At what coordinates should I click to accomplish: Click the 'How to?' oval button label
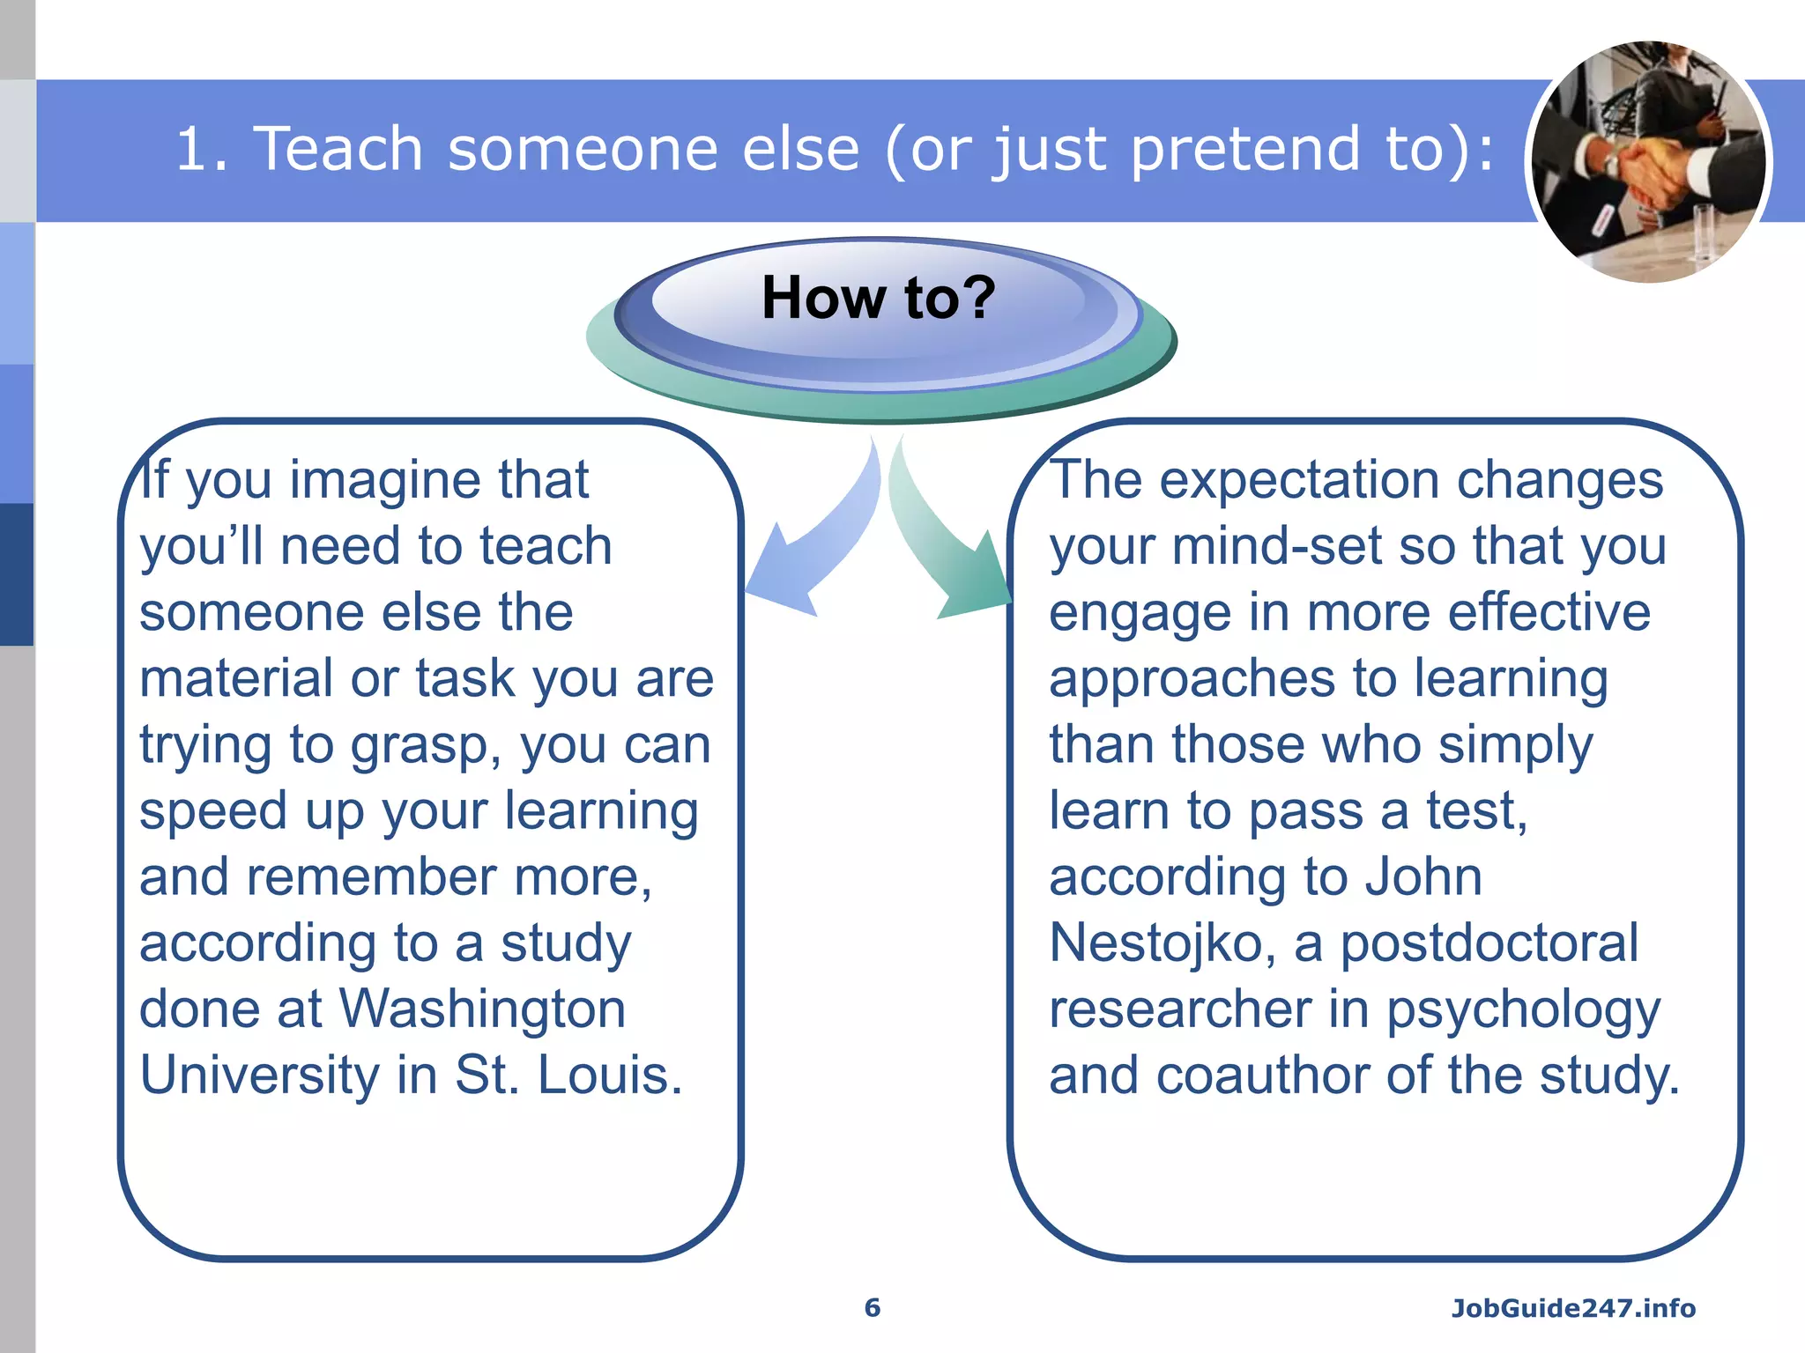tap(878, 298)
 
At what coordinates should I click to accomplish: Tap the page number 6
tap(872, 1307)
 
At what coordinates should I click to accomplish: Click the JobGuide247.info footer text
tap(1573, 1308)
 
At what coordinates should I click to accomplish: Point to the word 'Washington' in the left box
tap(482, 1009)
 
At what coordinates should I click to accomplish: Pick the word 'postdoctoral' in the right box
tap(1489, 943)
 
